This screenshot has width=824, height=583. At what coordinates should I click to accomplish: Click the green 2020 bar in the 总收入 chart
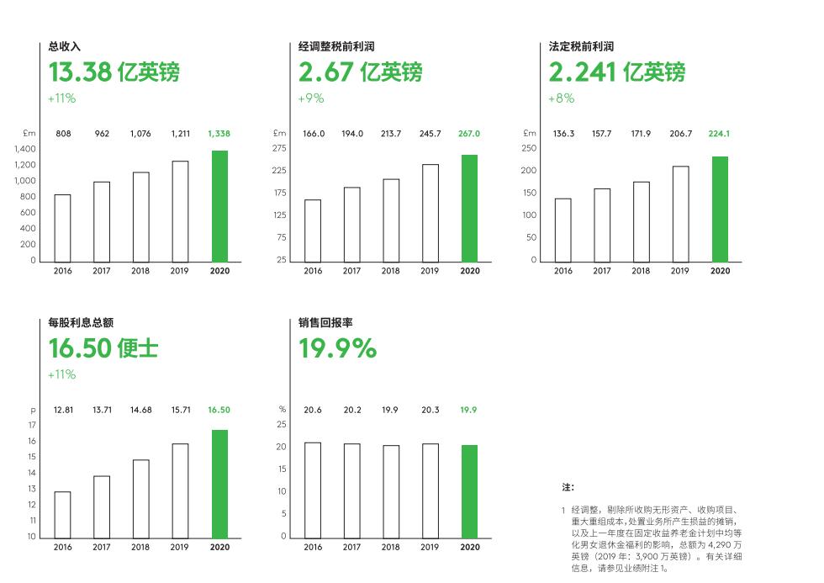point(219,206)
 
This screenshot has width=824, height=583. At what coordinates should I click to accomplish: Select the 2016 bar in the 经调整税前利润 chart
point(313,231)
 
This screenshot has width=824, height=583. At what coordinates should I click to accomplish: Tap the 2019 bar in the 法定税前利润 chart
point(680,214)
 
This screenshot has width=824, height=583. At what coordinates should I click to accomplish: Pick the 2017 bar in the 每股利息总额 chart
point(102,506)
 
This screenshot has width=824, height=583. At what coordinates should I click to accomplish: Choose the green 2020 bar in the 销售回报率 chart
point(469,491)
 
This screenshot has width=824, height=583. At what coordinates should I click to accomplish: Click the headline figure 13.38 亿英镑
point(114,72)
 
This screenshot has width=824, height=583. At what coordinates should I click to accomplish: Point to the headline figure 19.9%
point(338,347)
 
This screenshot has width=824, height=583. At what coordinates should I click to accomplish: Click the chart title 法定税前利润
point(581,46)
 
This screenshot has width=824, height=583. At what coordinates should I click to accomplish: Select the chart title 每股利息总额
point(82,322)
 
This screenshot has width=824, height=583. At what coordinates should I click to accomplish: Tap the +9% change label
point(311,98)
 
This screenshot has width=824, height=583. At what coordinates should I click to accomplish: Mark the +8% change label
point(562,98)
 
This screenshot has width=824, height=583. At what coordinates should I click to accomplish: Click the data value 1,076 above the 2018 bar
point(140,133)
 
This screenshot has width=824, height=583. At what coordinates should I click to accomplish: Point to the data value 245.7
point(430,133)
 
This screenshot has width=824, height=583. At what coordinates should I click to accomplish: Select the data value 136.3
point(563,133)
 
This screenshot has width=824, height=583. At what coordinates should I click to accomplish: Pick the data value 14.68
point(140,410)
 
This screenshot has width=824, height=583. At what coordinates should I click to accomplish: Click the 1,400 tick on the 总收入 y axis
point(25,149)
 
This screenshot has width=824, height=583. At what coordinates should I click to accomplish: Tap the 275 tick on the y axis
point(280,148)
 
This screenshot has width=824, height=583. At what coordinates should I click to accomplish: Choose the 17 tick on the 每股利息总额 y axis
point(32,425)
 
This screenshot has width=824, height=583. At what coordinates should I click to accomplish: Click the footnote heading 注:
point(568,487)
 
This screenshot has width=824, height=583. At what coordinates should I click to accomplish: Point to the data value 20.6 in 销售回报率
point(313,410)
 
